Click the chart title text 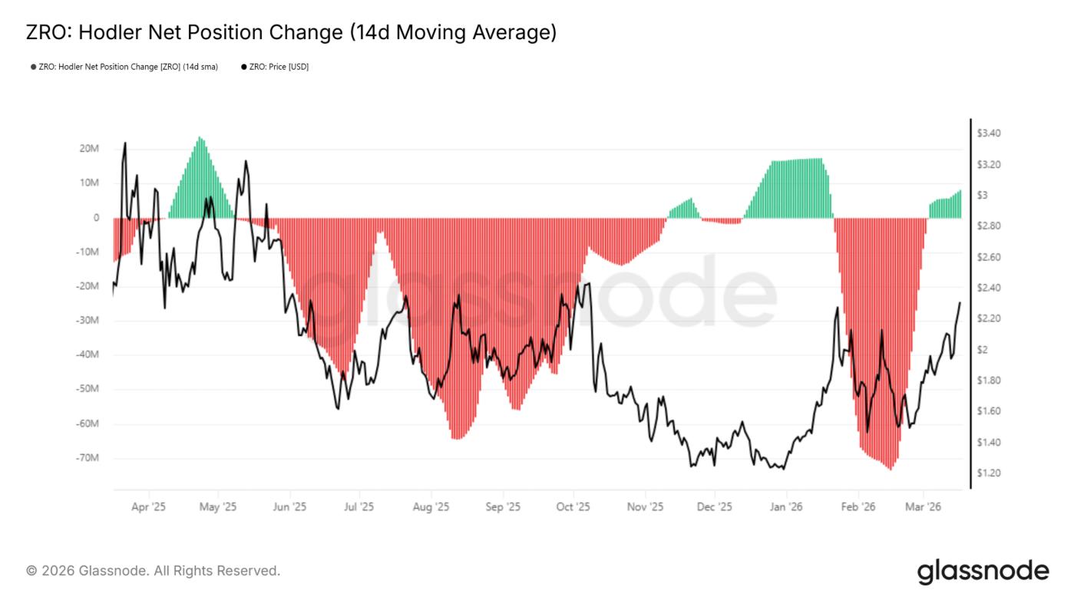click(291, 32)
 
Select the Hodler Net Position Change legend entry click(124, 67)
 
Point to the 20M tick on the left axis click(90, 148)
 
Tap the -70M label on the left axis click(88, 458)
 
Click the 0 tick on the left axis click(96, 217)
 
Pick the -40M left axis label click(88, 354)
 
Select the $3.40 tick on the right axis click(989, 134)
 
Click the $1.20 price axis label click(989, 473)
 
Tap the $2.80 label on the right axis click(989, 226)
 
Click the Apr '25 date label click(149, 506)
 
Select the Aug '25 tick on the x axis click(431, 506)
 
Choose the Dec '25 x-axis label click(714, 506)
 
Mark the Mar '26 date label click(924, 506)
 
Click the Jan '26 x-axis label click(786, 506)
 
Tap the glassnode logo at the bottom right click(983, 571)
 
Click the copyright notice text click(153, 571)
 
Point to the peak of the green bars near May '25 click(200, 139)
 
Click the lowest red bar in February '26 click(891, 468)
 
